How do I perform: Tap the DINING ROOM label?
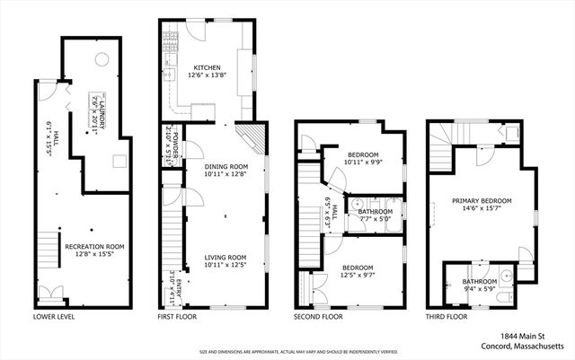pyautogui.click(x=213, y=165)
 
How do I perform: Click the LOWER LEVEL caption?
pyautogui.click(x=53, y=317)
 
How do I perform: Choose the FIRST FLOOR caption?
pyautogui.click(x=179, y=317)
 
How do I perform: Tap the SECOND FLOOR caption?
pyautogui.click(x=318, y=317)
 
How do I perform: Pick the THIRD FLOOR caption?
pyautogui.click(x=447, y=317)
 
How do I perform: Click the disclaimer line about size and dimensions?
pyautogui.click(x=287, y=352)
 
